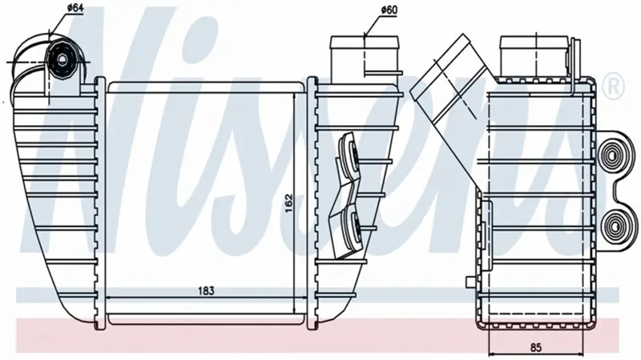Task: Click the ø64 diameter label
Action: (73, 7)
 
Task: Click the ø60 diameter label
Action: (389, 10)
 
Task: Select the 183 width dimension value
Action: (206, 291)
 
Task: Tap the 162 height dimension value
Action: (288, 204)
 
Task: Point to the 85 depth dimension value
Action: (536, 348)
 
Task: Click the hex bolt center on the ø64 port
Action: (62, 59)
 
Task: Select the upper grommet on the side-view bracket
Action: (612, 156)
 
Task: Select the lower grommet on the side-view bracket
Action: (612, 224)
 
